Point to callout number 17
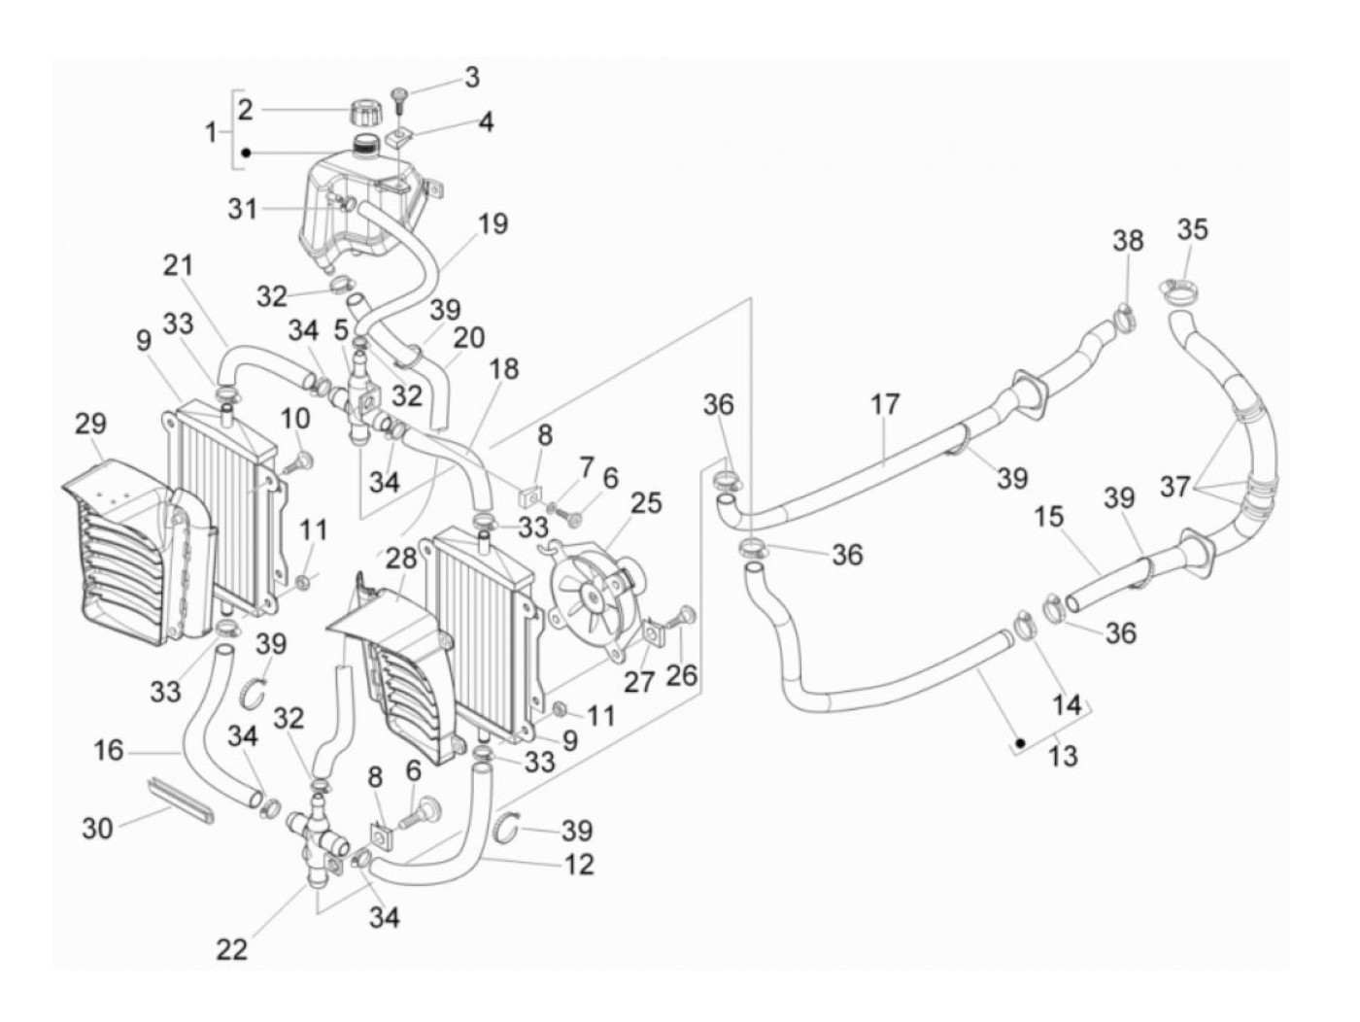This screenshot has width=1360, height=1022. pos(885,403)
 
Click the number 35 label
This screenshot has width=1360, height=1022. pos(1192,230)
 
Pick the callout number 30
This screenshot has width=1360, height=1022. pos(98,828)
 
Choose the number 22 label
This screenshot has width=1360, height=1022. pos(232,948)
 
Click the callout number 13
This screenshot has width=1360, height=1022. pos(1064,755)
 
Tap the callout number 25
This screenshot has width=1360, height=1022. pos(646,503)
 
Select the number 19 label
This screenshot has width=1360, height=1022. pos(493,224)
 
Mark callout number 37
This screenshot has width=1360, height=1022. pos(1174,486)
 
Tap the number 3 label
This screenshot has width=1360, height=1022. pos(471,78)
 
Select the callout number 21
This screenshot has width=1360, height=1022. pos(178,265)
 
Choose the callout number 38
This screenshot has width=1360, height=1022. pos(1128,240)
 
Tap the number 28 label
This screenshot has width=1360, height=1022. pos(399,559)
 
